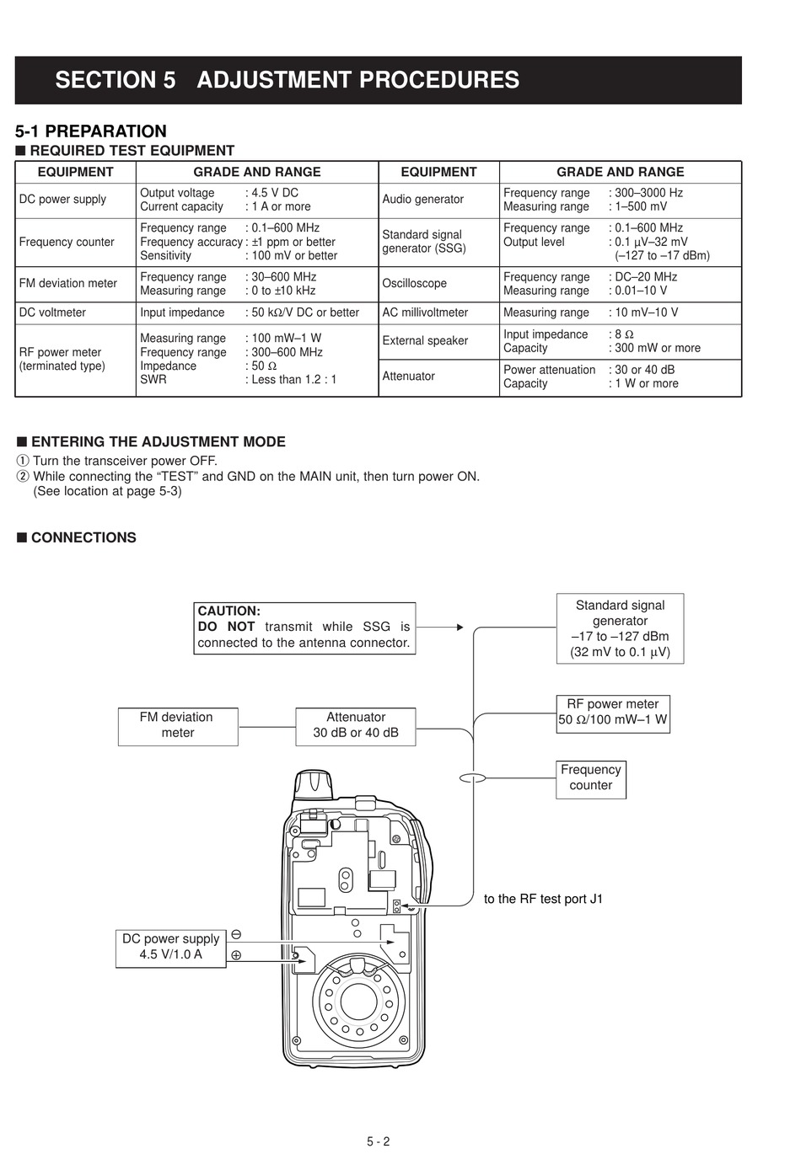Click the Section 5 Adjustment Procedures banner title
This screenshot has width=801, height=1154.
point(288,80)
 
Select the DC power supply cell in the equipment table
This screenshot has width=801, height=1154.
point(75,200)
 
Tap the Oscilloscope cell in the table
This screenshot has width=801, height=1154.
point(438,284)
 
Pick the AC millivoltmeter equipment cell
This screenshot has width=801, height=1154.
point(438,313)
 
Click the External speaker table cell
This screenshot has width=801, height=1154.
point(438,341)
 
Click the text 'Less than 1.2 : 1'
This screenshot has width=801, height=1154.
point(293,380)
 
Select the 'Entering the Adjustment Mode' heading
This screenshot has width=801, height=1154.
point(151,441)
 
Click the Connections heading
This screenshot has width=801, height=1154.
point(77,537)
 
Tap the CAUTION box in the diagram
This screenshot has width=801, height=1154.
point(304,628)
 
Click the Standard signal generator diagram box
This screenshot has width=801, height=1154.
point(620,628)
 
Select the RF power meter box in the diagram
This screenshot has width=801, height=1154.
point(613,713)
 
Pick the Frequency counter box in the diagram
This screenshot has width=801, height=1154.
point(590,779)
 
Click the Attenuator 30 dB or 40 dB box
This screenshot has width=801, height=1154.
point(355,726)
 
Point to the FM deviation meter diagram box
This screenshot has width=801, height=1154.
point(178,726)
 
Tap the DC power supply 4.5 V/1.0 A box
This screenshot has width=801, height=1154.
point(170,948)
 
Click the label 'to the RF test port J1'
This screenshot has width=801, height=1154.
point(543,899)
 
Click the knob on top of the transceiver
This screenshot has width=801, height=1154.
point(313,784)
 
